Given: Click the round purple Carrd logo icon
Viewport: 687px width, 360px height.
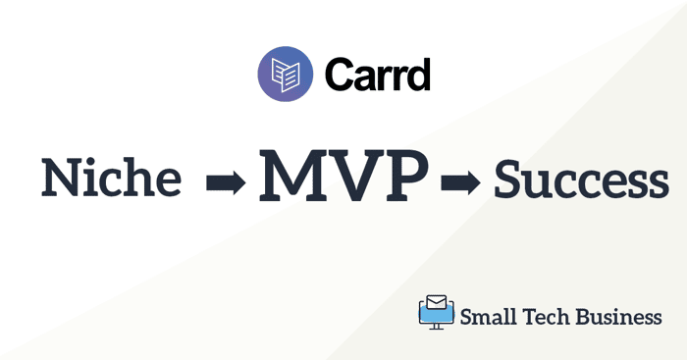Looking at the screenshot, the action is (x=286, y=74).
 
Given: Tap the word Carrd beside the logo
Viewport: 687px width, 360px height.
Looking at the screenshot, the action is (x=378, y=75).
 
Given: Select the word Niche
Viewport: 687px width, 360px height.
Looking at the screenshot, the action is (x=111, y=178).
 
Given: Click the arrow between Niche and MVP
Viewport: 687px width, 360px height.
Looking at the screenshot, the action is (x=226, y=182).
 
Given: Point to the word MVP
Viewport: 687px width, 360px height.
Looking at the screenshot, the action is (x=343, y=176).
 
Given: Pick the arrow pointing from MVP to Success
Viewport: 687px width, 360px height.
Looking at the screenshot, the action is (x=460, y=182).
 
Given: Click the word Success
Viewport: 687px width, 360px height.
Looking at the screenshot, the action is (x=581, y=180).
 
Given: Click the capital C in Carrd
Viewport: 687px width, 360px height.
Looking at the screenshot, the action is (x=341, y=75).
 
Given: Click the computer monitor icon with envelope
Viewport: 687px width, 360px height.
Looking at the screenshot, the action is (x=437, y=312).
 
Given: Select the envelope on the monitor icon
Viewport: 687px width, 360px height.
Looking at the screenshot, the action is (x=437, y=302).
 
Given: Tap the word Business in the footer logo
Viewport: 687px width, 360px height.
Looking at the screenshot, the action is (x=618, y=316).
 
